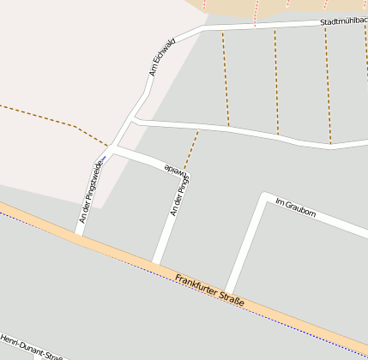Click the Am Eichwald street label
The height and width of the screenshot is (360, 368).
[162, 56]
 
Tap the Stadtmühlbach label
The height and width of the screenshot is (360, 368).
[342, 21]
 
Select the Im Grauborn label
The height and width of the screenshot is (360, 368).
[295, 207]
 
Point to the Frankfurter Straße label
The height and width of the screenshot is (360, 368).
[209, 291]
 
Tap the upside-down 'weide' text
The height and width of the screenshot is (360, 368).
[175, 169]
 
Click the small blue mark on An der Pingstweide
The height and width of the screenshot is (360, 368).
[101, 159]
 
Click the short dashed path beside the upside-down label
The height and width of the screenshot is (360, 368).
[190, 150]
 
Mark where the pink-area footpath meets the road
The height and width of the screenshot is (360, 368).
[110, 146]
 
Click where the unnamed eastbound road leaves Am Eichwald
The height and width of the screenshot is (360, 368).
[135, 122]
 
